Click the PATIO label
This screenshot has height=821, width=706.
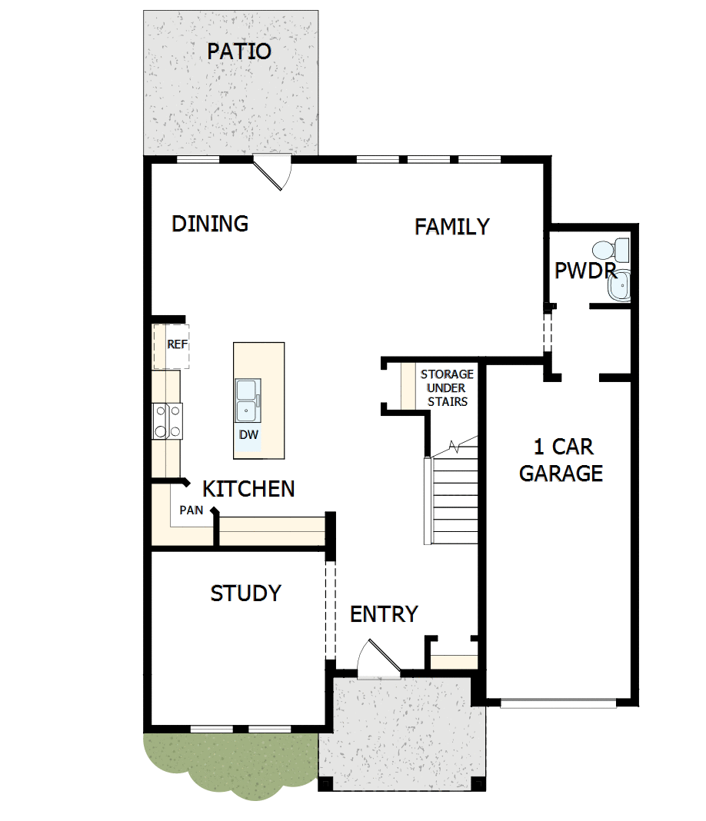tap(239, 52)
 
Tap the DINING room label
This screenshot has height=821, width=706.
tap(210, 224)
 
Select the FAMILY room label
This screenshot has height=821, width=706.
tap(452, 227)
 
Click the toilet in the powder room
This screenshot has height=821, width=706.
tap(611, 250)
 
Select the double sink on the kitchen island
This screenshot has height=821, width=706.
tap(248, 401)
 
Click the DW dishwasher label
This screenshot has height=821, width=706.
tap(248, 434)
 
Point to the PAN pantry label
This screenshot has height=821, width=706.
tap(191, 510)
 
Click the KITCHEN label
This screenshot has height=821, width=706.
tap(248, 489)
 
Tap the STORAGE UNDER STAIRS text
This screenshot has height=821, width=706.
tap(447, 387)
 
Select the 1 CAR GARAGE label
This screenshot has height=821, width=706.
tap(561, 460)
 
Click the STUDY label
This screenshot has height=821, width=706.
tap(245, 593)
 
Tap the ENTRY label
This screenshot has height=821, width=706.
tap(384, 614)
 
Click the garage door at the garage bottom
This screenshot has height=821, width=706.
tap(558, 703)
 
